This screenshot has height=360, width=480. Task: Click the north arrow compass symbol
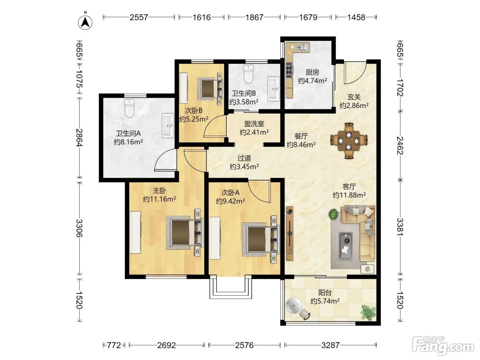85,23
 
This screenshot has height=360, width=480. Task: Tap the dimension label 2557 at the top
139,17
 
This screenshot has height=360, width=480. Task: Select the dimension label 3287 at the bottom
330,345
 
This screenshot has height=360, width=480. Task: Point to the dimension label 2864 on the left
80,138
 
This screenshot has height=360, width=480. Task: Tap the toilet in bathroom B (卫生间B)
249,74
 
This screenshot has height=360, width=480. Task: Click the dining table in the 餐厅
349,141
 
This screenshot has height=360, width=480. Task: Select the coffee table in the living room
346,246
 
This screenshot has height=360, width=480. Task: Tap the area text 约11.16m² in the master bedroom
159,199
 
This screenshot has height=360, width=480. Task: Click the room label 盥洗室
254,124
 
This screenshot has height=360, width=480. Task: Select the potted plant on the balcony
368,313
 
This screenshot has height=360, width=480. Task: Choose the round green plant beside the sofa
333,214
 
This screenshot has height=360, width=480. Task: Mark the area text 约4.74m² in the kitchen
312,81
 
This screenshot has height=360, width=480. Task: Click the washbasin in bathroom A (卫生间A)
168,126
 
